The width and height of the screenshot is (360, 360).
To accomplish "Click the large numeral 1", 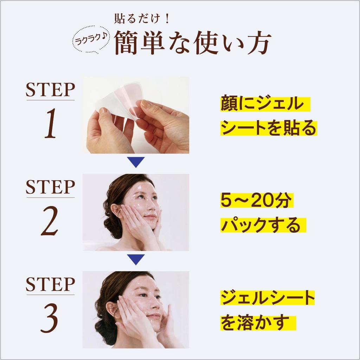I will [51, 123].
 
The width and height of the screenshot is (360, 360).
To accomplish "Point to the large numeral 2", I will [51, 221].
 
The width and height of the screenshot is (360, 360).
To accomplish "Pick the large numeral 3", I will [51, 319].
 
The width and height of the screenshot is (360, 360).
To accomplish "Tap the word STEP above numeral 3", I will [50, 284].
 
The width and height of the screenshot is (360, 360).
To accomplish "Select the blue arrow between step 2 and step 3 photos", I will [136, 260].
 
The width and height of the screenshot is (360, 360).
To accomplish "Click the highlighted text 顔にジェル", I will [262, 104].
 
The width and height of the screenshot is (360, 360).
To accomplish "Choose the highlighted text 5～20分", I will [256, 201].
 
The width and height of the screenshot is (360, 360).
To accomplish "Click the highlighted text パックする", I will [261, 225].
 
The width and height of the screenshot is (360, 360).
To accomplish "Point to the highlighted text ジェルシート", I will [268, 298].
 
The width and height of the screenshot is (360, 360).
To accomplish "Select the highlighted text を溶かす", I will [255, 322].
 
